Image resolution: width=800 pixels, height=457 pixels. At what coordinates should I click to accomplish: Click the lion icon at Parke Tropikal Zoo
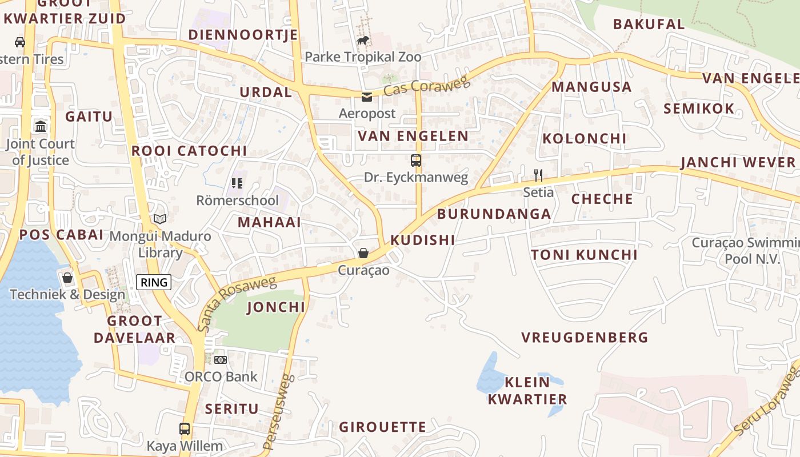363,40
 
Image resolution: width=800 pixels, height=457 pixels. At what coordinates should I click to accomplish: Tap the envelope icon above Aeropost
367,97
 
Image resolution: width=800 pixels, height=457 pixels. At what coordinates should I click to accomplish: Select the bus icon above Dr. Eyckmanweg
416,161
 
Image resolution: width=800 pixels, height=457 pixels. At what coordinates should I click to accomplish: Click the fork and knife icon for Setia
538,175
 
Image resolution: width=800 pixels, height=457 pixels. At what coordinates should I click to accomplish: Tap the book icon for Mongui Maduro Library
160,219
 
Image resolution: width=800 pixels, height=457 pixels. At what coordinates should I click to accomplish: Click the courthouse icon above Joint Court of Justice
41,126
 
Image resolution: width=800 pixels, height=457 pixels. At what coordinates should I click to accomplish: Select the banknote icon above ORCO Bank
221,359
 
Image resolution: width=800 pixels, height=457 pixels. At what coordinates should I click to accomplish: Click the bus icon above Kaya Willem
185,428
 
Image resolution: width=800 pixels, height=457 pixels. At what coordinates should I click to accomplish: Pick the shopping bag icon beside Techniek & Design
67,278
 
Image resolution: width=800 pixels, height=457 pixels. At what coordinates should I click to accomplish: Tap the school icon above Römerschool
237,183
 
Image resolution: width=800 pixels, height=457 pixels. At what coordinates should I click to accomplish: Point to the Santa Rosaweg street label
237,303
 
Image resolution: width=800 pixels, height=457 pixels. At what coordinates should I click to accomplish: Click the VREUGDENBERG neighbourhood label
585,338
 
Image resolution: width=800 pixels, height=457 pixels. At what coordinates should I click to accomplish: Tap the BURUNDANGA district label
494,214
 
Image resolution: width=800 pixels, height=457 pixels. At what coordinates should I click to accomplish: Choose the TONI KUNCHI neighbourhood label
584,255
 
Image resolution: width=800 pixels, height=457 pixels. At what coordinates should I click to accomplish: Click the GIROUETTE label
382,427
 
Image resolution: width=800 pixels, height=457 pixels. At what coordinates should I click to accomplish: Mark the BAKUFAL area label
649,24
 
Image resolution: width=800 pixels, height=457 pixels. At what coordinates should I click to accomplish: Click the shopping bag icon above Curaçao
363,252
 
